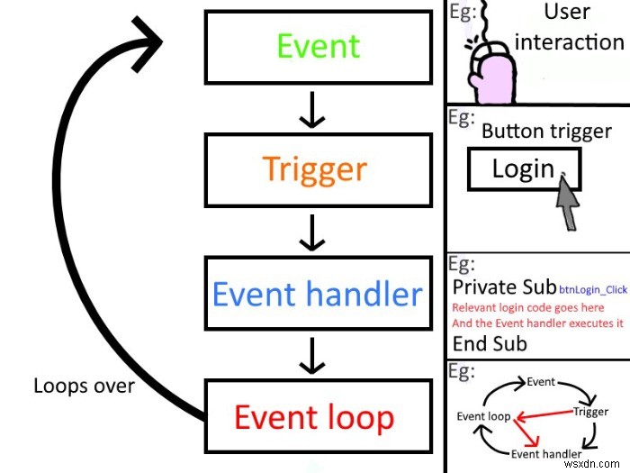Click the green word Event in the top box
pyautogui.click(x=318, y=46)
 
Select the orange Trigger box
pyautogui.click(x=314, y=168)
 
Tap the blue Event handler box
pyautogui.click(x=316, y=294)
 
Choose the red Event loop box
pyautogui.click(x=314, y=416)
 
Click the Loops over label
pyautogui.click(x=84, y=387)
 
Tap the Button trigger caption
pyautogui.click(x=546, y=131)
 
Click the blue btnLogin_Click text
pyautogui.click(x=592, y=290)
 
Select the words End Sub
pyautogui.click(x=490, y=343)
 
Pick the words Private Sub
pyautogui.click(x=504, y=287)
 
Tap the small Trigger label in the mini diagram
pyautogui.click(x=590, y=412)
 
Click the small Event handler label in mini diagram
pyautogui.click(x=547, y=453)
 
